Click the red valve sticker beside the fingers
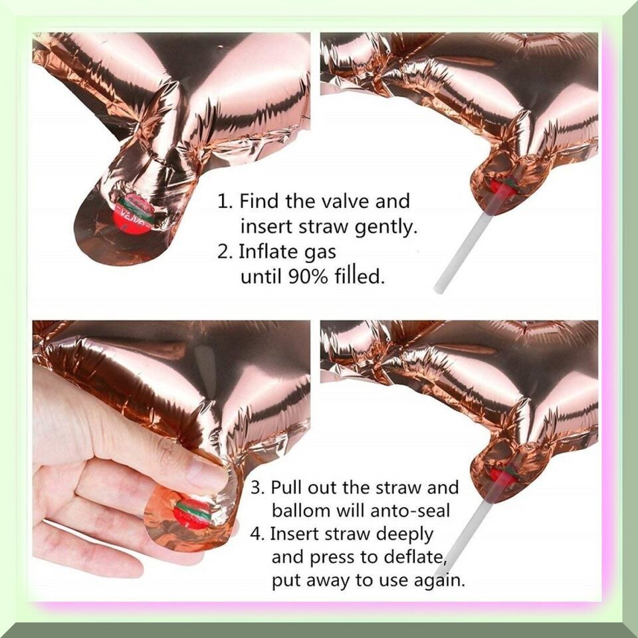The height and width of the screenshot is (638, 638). pyautogui.click(x=193, y=514)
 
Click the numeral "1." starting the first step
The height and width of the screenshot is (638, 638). pyautogui.click(x=225, y=201)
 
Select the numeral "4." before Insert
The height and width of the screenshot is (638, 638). pyautogui.click(x=257, y=534)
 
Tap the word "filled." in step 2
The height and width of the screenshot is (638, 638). pyautogui.click(x=360, y=276)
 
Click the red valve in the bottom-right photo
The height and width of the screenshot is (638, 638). pyautogui.click(x=501, y=475)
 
